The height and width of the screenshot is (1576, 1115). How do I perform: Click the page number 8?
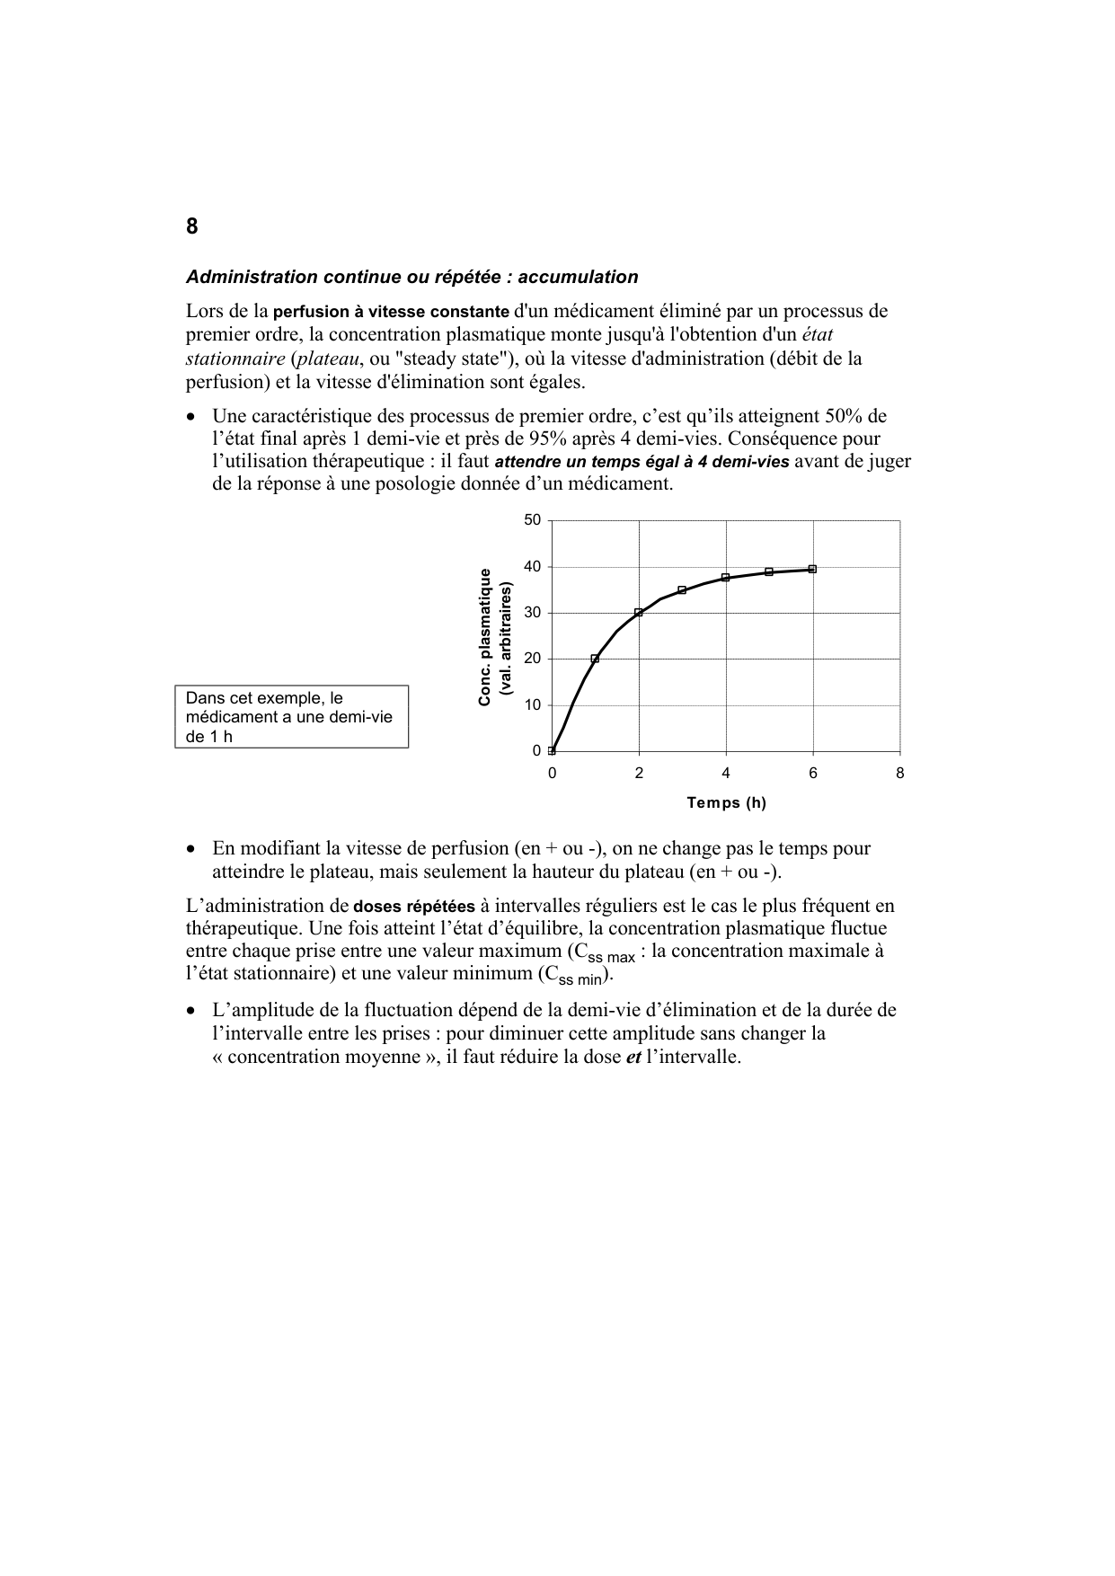click(x=192, y=226)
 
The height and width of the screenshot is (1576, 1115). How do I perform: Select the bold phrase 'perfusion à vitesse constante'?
click(x=391, y=313)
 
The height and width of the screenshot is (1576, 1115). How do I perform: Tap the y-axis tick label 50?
click(x=533, y=520)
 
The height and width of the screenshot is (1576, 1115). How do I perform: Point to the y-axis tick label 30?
click(x=533, y=613)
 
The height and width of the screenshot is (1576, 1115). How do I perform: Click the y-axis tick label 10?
click(x=533, y=705)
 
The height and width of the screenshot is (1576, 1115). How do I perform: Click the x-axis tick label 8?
click(x=900, y=774)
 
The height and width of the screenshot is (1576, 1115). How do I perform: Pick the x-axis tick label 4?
click(x=726, y=774)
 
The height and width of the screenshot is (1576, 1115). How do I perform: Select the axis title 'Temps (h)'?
click(x=726, y=802)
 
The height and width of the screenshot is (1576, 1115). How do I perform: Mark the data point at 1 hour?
click(x=595, y=659)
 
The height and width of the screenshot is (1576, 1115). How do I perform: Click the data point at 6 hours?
click(x=812, y=569)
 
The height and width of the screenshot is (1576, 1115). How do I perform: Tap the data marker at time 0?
click(x=552, y=750)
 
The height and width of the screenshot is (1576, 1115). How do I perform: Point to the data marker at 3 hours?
click(x=682, y=590)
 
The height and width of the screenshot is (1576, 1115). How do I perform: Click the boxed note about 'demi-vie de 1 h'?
click(x=291, y=717)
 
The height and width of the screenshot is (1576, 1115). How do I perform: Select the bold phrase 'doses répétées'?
click(x=415, y=907)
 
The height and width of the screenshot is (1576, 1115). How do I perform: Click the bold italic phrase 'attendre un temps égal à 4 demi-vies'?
click(x=642, y=462)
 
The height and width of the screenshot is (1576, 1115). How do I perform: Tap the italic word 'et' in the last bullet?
click(x=633, y=1057)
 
